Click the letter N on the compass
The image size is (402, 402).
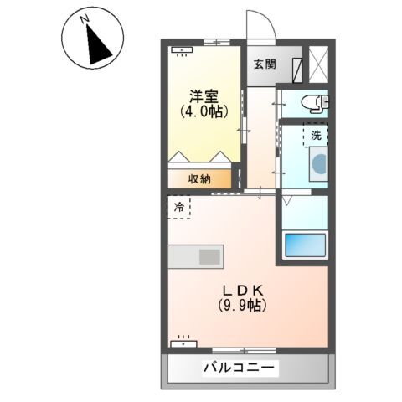[85, 19]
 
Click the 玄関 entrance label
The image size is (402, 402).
[265, 64]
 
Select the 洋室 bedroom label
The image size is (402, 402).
[204, 97]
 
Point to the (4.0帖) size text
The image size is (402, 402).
[204, 111]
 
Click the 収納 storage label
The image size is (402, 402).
[199, 179]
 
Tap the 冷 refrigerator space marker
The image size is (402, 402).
[179, 207]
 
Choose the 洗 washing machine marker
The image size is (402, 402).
[316, 136]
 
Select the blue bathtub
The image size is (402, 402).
[305, 246]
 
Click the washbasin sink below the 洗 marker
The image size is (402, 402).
[319, 164]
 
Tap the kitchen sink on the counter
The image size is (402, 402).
[209, 257]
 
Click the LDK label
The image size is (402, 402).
[242, 291]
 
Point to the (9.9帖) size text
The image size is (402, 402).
[242, 306]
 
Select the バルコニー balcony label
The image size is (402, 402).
[239, 368]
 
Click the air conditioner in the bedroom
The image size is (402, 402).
[182, 51]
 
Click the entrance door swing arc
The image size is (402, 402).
[265, 18]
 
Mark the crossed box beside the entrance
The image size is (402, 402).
[318, 64]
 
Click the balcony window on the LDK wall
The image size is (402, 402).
[244, 351]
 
